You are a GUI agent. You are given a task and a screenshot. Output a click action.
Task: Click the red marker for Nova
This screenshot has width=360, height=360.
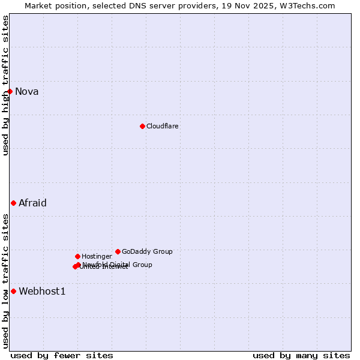pyautogui.click(x=10, y=91)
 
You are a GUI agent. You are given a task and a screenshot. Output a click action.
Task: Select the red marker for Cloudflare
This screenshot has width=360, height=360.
pyautogui.click(x=142, y=126)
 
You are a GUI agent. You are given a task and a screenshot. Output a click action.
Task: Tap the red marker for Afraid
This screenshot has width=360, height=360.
pyautogui.click(x=13, y=203)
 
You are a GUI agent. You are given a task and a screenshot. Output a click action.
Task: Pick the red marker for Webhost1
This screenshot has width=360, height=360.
pyautogui.click(x=13, y=291)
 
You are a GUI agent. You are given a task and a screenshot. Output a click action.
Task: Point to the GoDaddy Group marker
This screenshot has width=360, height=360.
pyautogui.click(x=118, y=251)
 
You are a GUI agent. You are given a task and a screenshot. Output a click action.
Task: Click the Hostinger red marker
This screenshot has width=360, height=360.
pyautogui.click(x=77, y=256)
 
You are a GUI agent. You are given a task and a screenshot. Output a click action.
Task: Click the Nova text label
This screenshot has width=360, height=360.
pyautogui.click(x=27, y=92)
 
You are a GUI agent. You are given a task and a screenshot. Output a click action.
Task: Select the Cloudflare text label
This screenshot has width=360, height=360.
pyautogui.click(x=163, y=126)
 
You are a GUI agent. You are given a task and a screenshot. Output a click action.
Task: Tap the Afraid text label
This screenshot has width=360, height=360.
pyautogui.click(x=32, y=203)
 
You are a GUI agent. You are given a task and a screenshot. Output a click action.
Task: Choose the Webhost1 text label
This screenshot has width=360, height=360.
pyautogui.click(x=42, y=292)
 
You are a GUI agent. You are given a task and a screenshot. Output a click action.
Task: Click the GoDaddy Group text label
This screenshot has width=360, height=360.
pyautogui.click(x=147, y=251)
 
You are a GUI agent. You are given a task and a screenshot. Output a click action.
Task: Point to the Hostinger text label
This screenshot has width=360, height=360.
pyautogui.click(x=97, y=256)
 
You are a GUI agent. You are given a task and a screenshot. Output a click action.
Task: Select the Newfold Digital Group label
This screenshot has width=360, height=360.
pyautogui.click(x=118, y=264)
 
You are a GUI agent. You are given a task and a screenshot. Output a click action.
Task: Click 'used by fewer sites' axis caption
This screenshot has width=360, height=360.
pyautogui.click(x=62, y=355)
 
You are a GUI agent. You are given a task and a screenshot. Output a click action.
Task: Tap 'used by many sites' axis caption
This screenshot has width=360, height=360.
pyautogui.click(x=301, y=355)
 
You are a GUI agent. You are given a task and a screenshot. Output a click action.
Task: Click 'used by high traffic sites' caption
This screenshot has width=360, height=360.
pyautogui.click(x=6, y=85)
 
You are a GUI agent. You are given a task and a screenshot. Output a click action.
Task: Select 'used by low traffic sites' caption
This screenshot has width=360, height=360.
pyautogui.click(x=6, y=281)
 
